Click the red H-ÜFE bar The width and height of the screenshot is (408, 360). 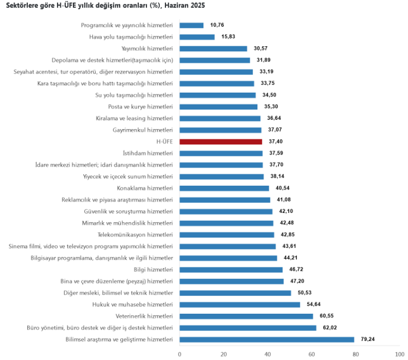click(221, 142)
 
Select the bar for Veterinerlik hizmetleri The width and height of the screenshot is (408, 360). click(246, 316)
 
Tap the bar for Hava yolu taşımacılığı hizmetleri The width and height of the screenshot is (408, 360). click(197, 37)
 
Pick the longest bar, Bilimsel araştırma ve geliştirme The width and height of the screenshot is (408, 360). click(267, 339)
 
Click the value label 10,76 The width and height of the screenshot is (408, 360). click(218, 25)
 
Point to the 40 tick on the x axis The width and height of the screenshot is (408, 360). click(268, 354)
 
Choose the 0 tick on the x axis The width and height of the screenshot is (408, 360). click(180, 354)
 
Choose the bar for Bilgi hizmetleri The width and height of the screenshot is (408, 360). click(231, 270)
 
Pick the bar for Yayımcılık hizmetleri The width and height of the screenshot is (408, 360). click(213, 48)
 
